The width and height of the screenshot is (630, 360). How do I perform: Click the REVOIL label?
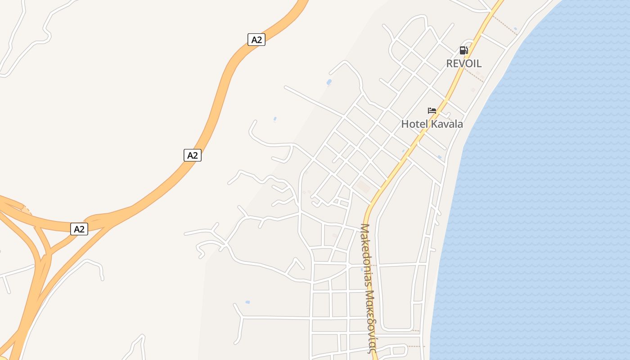(463, 63)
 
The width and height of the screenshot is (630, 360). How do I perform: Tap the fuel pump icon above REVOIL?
(463, 50)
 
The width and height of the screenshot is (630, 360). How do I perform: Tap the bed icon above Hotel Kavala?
(432, 111)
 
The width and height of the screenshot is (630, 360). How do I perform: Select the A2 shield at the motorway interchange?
(79, 229)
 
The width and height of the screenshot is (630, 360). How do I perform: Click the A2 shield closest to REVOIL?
(256, 40)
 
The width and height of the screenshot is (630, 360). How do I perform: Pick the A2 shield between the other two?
(193, 155)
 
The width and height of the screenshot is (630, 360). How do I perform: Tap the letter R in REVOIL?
(449, 63)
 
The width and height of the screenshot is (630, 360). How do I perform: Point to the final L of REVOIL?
(479, 63)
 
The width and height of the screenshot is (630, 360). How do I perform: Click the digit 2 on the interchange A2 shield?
(82, 229)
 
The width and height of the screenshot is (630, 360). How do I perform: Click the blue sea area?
(540, 202)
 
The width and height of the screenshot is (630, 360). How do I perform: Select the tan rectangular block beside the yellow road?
(363, 186)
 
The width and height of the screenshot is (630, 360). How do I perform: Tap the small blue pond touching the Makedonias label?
(362, 270)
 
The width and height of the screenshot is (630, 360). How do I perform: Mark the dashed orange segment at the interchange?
(27, 209)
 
